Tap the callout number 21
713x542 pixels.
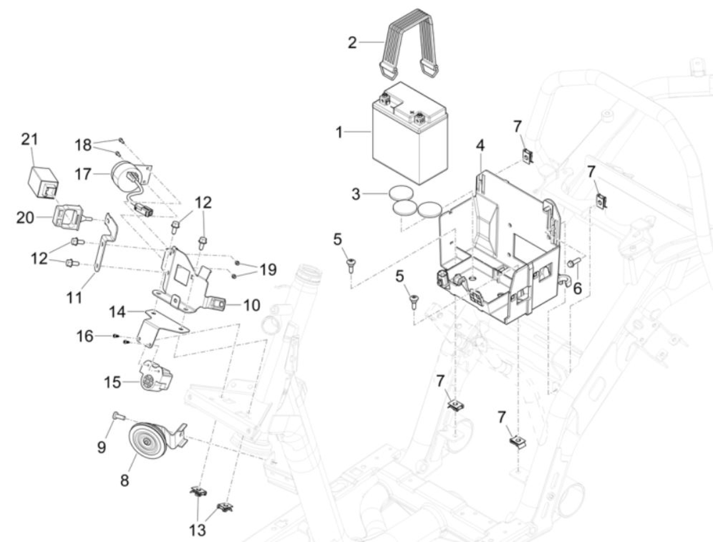click(30, 139)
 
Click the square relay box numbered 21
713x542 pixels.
click(44, 180)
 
